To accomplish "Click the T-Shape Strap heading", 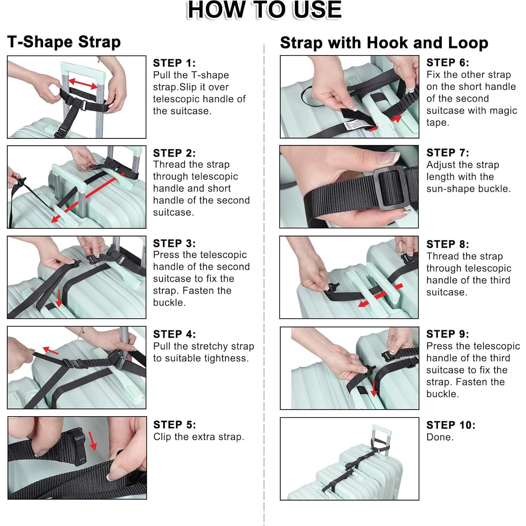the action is coord(64,42).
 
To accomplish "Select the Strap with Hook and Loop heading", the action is coord(384,43).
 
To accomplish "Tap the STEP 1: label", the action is coord(174,63).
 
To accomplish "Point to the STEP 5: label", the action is coord(174,425).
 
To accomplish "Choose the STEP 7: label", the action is coord(448,153).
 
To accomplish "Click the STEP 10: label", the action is coord(451,425).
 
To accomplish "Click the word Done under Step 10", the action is coord(440,437).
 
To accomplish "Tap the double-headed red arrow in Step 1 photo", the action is coord(83,84).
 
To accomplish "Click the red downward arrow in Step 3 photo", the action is coord(59,298).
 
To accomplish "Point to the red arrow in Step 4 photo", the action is coord(51,350).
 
